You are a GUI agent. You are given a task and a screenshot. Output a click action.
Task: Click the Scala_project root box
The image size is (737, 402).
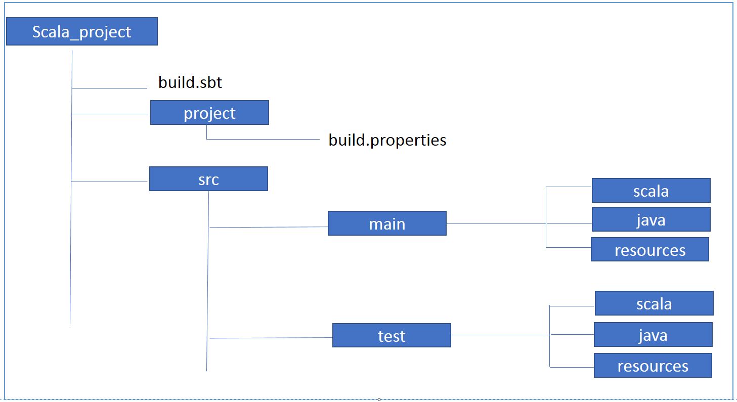pos(81,32)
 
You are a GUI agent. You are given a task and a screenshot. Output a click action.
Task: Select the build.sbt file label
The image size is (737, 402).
pos(190,82)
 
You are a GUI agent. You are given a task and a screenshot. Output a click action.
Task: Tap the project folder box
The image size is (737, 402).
pos(209,113)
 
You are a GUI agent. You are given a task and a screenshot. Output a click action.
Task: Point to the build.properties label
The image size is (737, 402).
pos(387,140)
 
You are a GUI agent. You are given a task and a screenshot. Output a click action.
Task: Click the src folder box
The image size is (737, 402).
pos(208,179)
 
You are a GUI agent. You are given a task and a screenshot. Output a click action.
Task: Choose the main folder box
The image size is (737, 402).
pos(386,224)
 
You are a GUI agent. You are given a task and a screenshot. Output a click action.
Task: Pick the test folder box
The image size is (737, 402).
pos(391,336)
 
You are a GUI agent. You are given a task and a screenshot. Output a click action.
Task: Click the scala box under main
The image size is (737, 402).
pos(651,191)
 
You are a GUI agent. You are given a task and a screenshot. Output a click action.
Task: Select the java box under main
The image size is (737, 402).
pos(651,219)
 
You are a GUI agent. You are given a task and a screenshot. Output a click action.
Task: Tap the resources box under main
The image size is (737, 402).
pos(649,249)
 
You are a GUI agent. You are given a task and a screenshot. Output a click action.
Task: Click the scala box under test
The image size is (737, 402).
pos(654,303)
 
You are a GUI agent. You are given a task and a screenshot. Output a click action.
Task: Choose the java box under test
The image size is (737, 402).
pos(653,335)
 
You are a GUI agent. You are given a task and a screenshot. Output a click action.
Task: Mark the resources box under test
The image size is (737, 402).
pos(653,365)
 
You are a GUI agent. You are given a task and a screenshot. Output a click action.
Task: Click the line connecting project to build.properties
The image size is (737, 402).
pos(263,139)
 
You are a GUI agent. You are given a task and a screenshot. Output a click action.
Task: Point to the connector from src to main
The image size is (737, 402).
pos(268,227)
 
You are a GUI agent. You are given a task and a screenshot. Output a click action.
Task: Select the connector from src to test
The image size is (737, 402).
pos(271,338)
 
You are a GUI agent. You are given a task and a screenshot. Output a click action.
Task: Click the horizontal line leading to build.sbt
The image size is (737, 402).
pos(109,88)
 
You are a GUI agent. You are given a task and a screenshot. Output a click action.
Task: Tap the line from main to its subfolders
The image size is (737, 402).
pos(496,224)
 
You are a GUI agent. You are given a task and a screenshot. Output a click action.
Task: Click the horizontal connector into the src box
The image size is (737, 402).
pos(109,181)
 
